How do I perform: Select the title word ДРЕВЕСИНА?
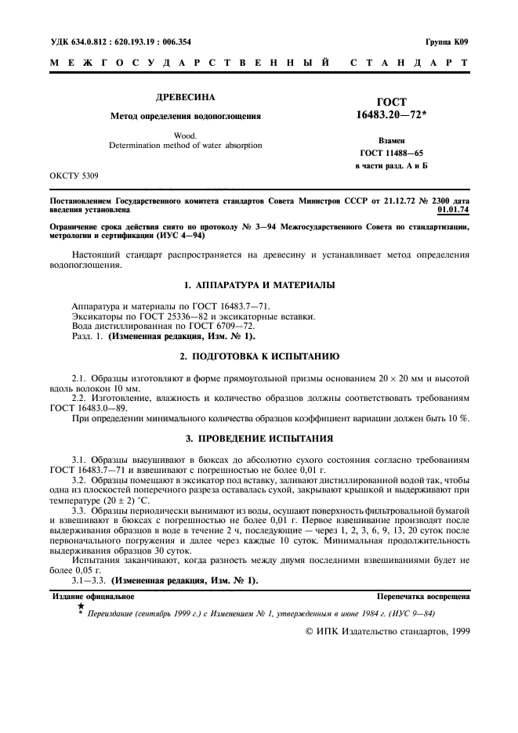point(186,99)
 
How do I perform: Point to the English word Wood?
point(186,135)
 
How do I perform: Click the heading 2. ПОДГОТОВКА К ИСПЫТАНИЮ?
point(259,356)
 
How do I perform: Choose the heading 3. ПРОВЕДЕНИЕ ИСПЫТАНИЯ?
point(259,438)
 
